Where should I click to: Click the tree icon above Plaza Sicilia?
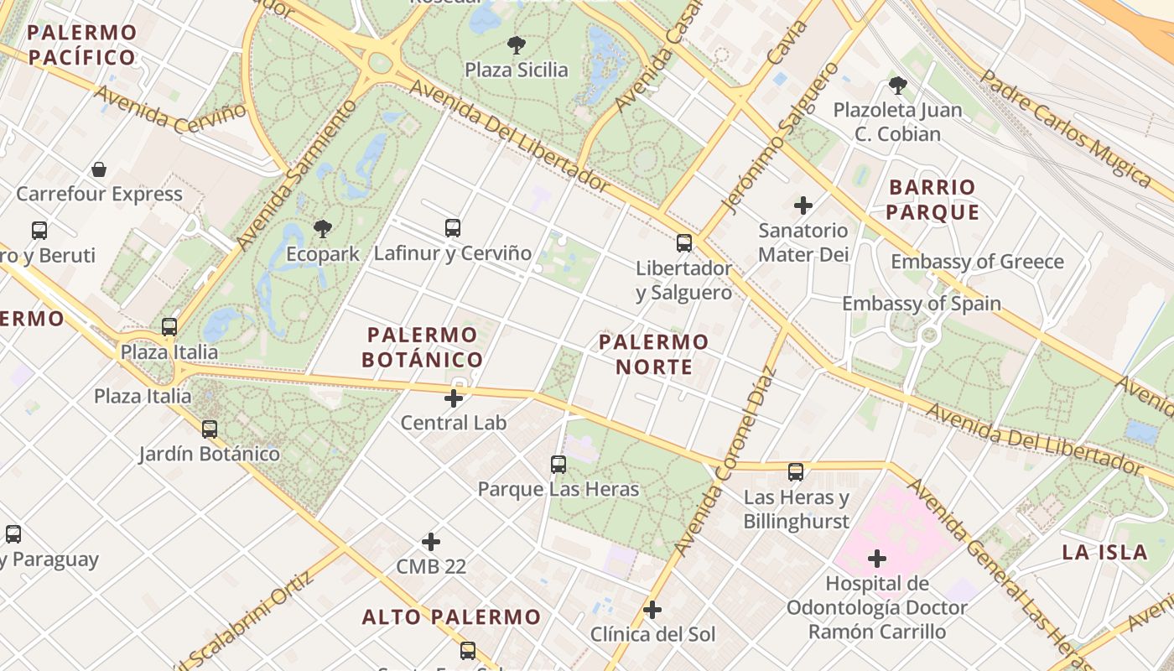click(516, 45)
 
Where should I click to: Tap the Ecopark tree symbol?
click(322, 229)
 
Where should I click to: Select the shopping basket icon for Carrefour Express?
click(99, 169)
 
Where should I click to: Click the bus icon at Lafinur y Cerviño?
click(453, 227)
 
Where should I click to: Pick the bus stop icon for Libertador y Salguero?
click(684, 243)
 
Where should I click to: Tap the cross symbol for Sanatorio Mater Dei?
click(803, 205)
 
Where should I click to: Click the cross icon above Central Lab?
click(454, 398)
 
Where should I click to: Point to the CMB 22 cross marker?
click(431, 542)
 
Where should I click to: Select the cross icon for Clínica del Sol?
click(652, 610)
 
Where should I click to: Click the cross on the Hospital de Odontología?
click(877, 558)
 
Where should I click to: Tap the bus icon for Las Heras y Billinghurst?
click(796, 472)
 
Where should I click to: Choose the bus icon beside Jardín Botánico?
click(210, 429)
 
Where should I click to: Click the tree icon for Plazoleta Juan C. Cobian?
click(897, 85)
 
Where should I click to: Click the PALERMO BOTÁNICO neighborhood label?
click(423, 347)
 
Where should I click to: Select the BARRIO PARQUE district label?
click(932, 200)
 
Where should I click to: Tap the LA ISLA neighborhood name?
click(1104, 552)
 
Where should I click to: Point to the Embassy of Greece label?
click(977, 262)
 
